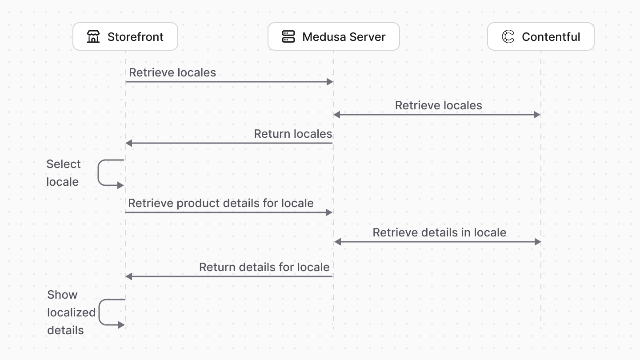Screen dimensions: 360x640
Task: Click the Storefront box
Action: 125,36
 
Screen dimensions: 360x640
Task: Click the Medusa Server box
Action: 333,36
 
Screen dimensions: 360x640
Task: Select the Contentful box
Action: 540,36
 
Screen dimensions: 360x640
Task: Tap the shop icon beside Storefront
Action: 93,36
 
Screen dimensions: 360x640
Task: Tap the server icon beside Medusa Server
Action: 288,36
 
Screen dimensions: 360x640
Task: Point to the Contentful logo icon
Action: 508,36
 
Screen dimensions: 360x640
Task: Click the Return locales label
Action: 293,134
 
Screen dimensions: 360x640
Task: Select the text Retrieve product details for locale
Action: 221,203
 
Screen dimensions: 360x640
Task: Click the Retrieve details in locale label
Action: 439,232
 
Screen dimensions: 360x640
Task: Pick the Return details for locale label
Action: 264,267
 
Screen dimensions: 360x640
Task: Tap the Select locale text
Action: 63,173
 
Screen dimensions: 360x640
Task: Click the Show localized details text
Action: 71,312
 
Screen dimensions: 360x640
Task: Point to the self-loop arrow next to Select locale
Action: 107,173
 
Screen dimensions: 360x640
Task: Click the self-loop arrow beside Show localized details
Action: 108,312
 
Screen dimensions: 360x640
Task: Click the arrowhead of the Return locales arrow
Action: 129,143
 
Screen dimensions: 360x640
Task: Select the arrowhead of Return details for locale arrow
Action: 129,276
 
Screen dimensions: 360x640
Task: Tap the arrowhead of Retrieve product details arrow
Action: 329,212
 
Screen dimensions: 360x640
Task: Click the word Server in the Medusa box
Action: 367,36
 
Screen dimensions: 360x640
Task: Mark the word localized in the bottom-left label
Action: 71,312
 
